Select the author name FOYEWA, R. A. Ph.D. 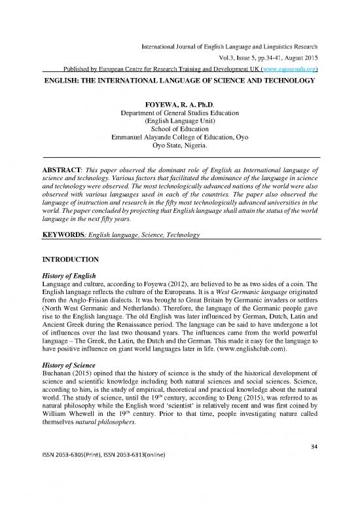179,103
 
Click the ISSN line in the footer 103,496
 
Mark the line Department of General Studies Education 179,112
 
